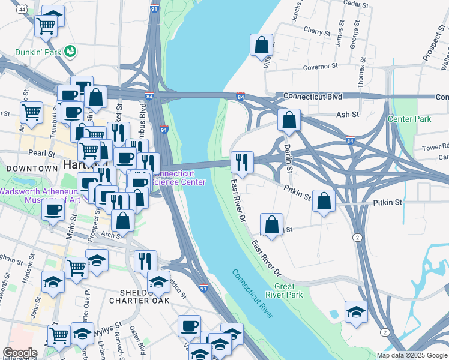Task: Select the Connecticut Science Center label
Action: pyautogui.click(x=180, y=178)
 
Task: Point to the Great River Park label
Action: pyautogui.click(x=289, y=290)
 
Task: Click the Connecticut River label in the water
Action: pyautogui.click(x=253, y=294)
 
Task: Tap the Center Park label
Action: pyautogui.click(x=409, y=119)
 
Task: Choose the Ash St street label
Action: pyautogui.click(x=347, y=114)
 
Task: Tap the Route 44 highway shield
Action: pyautogui.click(x=22, y=10)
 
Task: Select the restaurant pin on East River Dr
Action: pyautogui.click(x=243, y=161)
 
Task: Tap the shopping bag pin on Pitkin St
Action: pyautogui.click(x=324, y=201)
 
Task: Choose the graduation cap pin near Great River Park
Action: pyautogui.click(x=356, y=311)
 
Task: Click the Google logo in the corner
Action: pyautogui.click(x=20, y=353)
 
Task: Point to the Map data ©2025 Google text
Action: pyautogui.click(x=411, y=355)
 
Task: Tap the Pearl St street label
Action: pyautogui.click(x=41, y=153)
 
